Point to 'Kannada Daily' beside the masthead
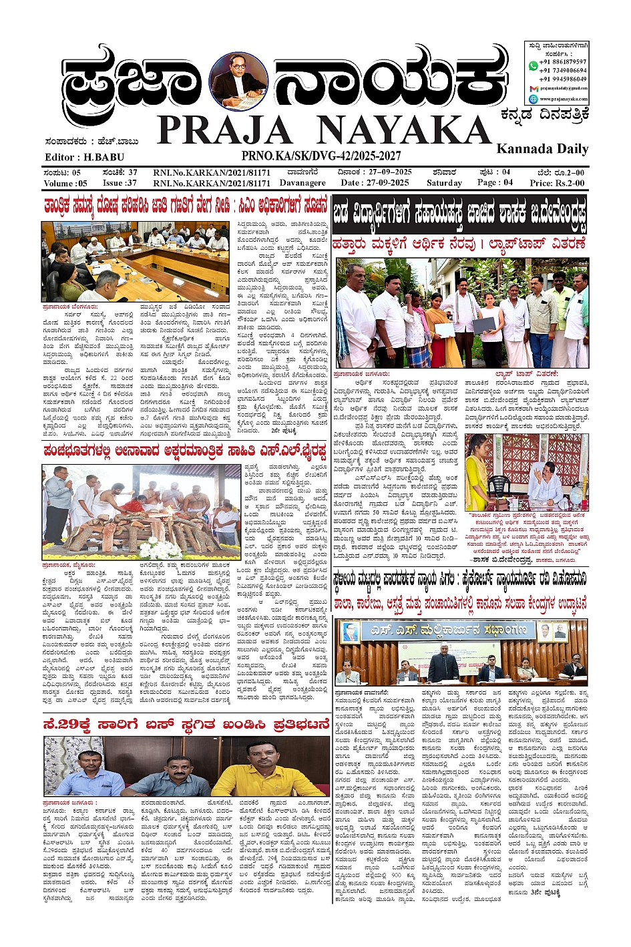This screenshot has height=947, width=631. click(x=542, y=148)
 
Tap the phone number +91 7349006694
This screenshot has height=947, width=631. click(x=564, y=70)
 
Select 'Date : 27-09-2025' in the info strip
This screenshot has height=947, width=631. click(x=374, y=182)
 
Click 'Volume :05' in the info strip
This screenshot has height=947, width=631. click(x=65, y=183)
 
